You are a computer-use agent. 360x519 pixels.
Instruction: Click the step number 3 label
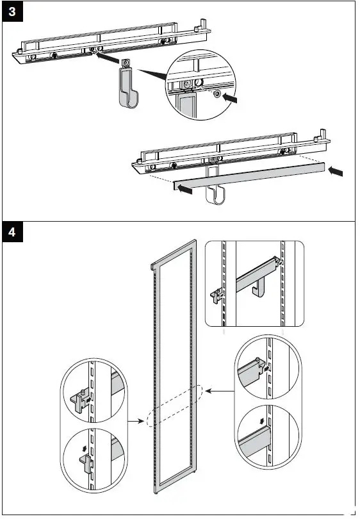(12, 12)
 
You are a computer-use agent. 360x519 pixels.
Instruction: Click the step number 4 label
(12, 232)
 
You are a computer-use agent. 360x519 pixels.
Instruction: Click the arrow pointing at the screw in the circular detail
(230, 97)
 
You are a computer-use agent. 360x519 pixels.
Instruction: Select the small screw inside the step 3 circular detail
(217, 94)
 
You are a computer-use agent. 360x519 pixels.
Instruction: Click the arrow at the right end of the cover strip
(336, 171)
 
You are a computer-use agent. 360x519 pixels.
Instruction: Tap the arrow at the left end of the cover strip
(184, 189)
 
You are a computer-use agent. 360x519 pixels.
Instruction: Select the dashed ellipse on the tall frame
(174, 406)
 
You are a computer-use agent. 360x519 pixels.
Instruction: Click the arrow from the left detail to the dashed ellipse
(136, 422)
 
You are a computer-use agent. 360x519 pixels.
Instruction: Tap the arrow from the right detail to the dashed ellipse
(219, 391)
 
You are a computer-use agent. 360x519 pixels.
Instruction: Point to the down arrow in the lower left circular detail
(85, 448)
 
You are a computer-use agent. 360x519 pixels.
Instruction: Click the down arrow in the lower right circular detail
(262, 421)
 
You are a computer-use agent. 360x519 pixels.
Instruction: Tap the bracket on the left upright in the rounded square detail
(217, 295)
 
